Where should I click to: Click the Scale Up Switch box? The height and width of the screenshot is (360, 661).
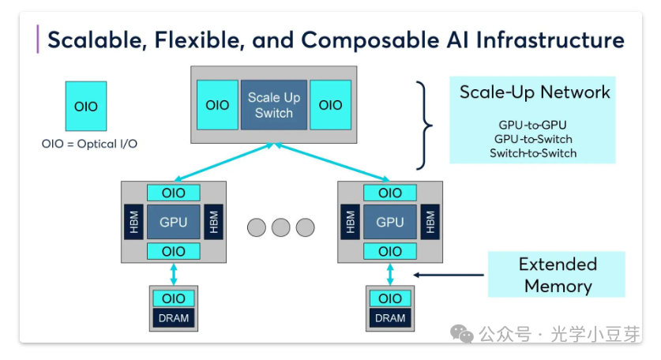click(x=274, y=105)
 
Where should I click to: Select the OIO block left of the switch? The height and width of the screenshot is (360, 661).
click(x=217, y=105)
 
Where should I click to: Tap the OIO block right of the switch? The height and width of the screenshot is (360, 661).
click(x=330, y=105)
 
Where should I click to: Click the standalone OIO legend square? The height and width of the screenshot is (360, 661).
click(x=86, y=106)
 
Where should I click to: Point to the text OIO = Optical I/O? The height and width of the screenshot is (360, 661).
click(x=89, y=144)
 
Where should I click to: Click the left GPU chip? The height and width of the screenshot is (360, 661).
click(x=174, y=222)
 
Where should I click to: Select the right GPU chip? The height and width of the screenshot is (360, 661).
click(x=390, y=222)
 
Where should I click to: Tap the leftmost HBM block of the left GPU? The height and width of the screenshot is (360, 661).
click(x=133, y=222)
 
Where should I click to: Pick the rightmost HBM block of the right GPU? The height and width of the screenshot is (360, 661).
click(x=430, y=222)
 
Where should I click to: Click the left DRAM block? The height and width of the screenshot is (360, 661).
click(x=174, y=318)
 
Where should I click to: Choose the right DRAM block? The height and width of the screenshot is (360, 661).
click(x=390, y=318)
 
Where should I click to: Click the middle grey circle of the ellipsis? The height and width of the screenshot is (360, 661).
click(x=281, y=228)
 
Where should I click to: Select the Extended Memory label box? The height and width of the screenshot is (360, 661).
click(x=557, y=274)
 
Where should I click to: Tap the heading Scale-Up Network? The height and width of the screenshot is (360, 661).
click(x=535, y=92)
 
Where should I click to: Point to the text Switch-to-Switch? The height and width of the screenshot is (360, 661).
click(x=533, y=152)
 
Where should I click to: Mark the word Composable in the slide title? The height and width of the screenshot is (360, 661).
click(x=372, y=39)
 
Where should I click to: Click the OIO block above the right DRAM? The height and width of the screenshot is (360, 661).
click(x=390, y=298)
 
